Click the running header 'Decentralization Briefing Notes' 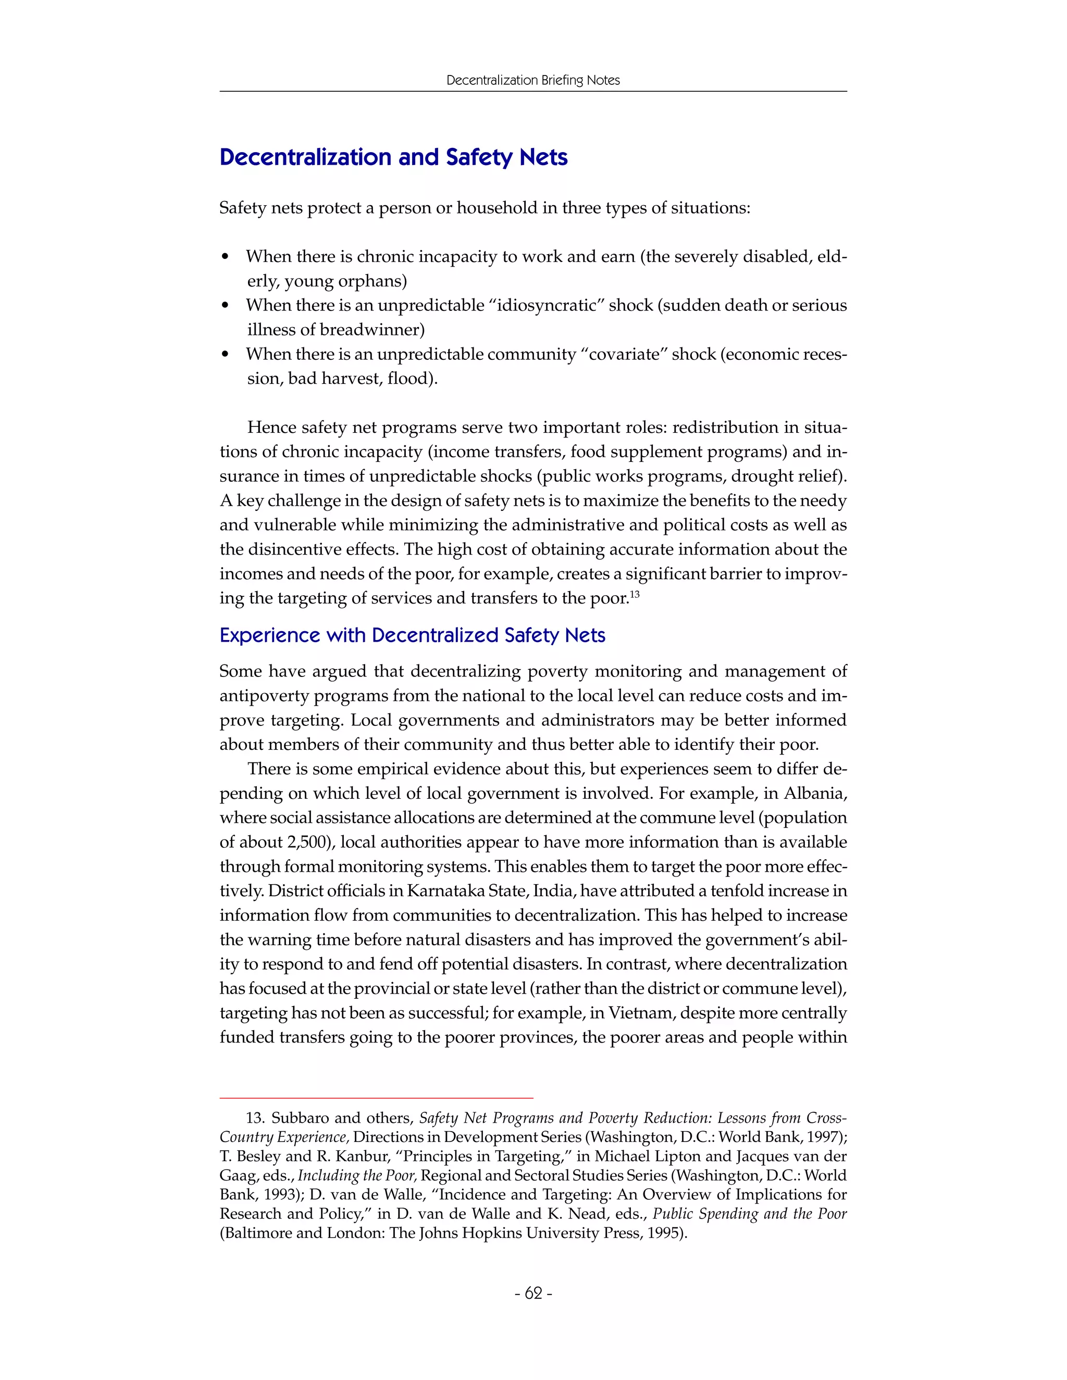point(533,80)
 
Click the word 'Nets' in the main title point(543,157)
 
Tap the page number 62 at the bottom point(533,1294)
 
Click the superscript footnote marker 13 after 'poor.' point(635,594)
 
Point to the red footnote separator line point(376,1098)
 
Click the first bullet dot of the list point(225,257)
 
